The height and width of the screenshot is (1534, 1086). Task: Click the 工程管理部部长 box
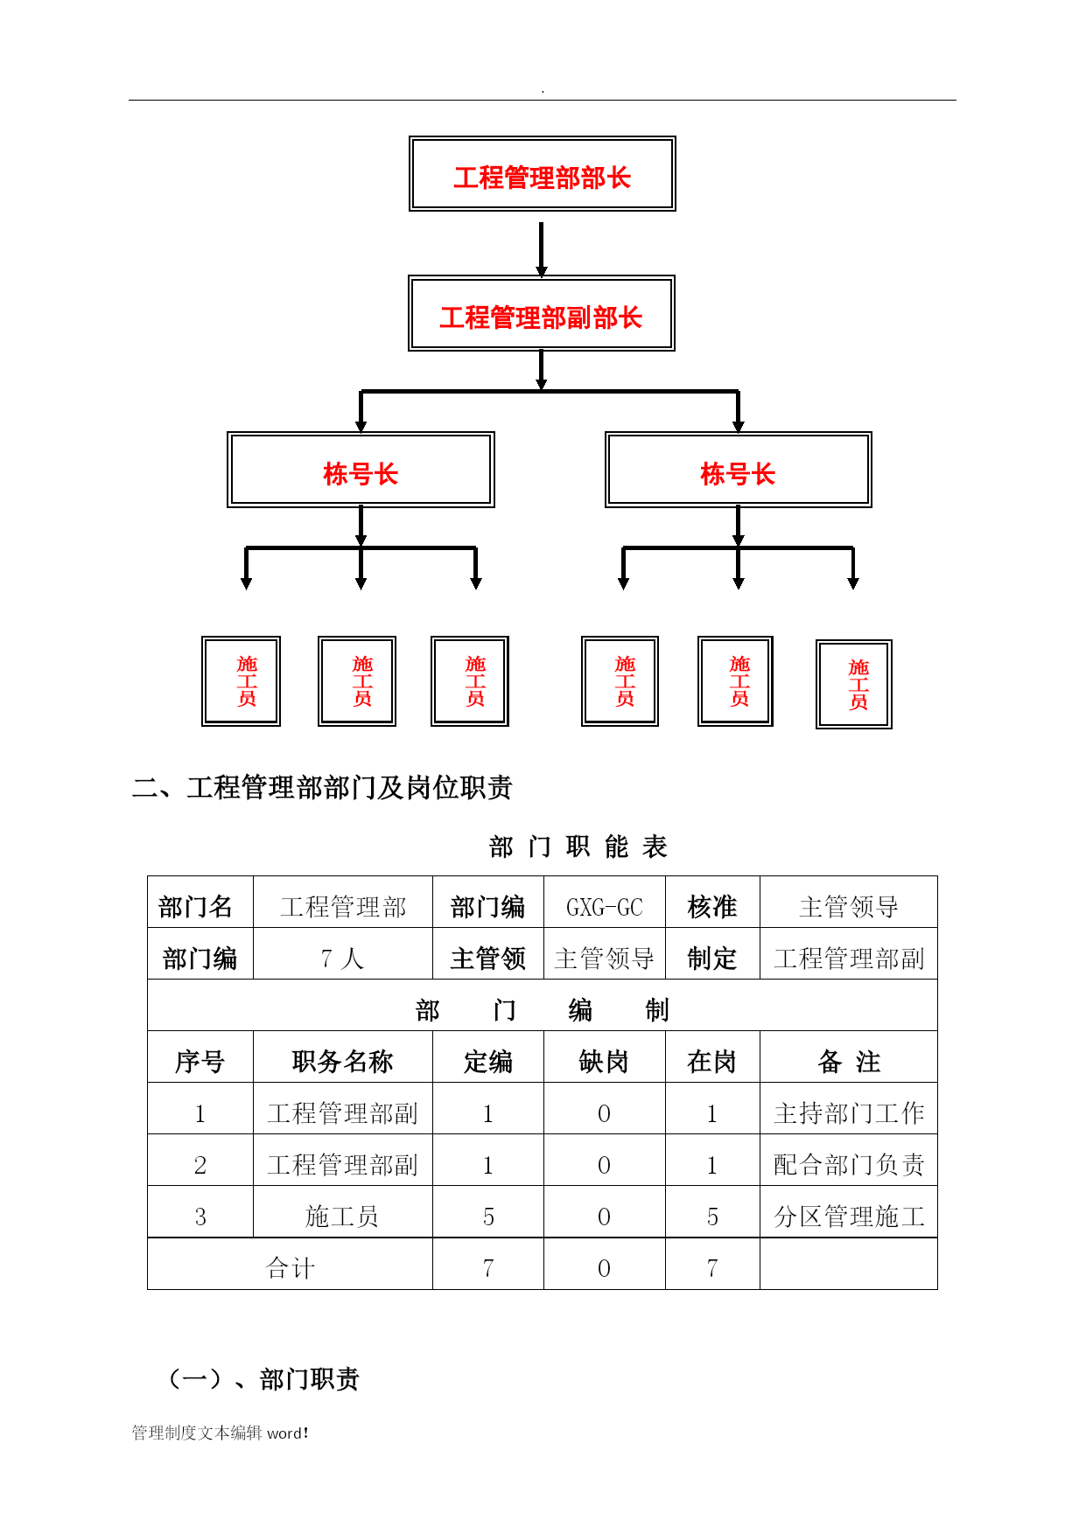click(542, 173)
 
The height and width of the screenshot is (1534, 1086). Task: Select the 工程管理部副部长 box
click(541, 313)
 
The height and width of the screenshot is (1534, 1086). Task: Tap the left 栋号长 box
click(361, 470)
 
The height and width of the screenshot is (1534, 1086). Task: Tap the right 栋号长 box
click(738, 470)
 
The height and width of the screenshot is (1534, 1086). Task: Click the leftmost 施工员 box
click(241, 681)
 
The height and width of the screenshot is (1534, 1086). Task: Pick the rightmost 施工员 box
click(853, 684)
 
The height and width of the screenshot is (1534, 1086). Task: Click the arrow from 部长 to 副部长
click(541, 250)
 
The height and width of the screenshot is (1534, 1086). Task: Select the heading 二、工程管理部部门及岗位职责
click(322, 787)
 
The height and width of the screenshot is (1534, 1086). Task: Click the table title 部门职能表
click(578, 847)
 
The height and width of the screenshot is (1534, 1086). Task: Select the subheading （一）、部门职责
click(263, 1379)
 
